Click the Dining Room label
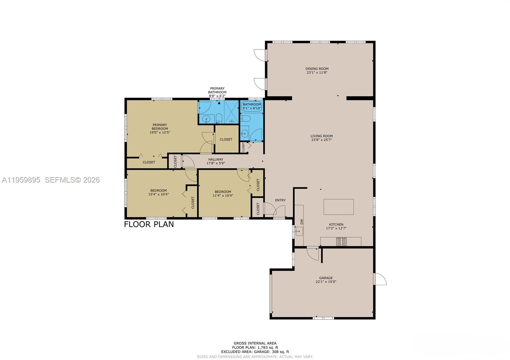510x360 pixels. point(317,68)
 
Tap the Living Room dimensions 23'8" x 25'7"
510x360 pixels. point(321,140)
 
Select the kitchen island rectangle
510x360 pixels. point(339,207)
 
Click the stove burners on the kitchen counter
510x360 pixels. point(341,241)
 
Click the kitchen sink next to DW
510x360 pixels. point(299,231)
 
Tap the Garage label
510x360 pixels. point(326,278)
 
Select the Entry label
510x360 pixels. point(280,200)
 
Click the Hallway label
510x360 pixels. point(216,159)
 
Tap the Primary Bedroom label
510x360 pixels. point(160,127)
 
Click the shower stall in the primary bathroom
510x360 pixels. point(231,112)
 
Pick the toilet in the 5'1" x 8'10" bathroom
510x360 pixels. point(245,119)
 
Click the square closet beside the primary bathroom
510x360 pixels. point(226,139)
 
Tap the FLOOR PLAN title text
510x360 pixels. point(149,224)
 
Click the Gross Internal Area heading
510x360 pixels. point(255,343)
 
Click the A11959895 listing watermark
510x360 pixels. point(21,180)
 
